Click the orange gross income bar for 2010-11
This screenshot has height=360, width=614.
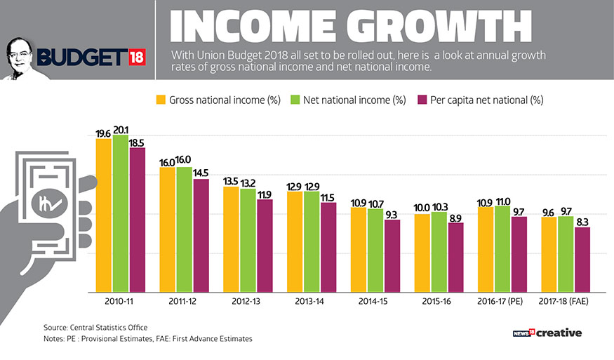tap(104, 215)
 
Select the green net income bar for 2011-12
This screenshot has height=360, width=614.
tap(184, 229)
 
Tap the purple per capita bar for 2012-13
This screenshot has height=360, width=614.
tap(265, 246)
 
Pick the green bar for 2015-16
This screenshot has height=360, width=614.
tap(439, 252)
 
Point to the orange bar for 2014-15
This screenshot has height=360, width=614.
tap(359, 249)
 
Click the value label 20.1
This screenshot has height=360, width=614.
tap(121, 130)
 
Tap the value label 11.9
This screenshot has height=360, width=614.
tap(265, 194)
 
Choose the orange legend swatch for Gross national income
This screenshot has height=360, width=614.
tap(160, 100)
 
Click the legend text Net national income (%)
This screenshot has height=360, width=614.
tap(355, 100)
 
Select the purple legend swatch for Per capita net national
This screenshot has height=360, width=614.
tap(422, 100)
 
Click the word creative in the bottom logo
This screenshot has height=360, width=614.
tap(559, 333)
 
